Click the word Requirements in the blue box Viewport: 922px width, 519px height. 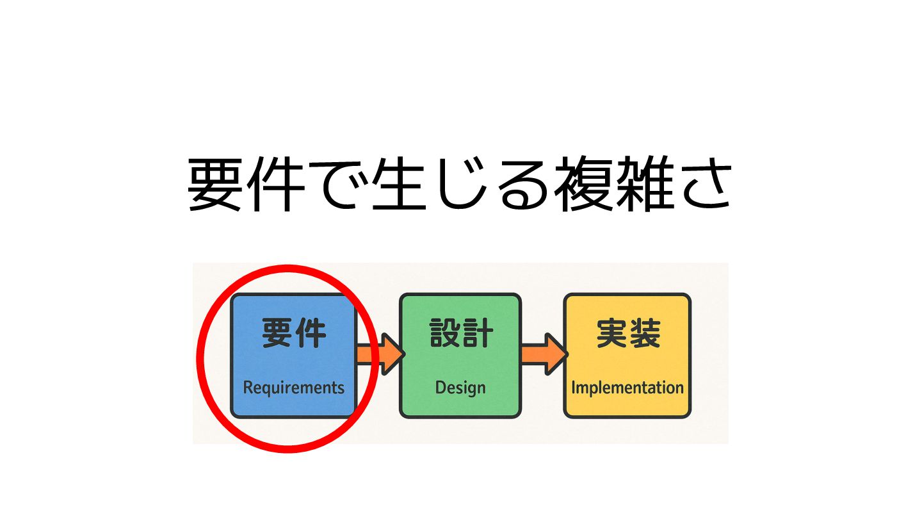click(x=294, y=388)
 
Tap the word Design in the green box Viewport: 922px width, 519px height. click(x=460, y=388)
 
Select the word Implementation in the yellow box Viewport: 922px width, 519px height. click(x=627, y=388)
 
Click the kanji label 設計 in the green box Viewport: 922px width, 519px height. click(x=460, y=334)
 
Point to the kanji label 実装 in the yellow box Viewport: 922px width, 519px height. click(x=627, y=334)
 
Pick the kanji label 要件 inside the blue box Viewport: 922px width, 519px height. click(x=294, y=334)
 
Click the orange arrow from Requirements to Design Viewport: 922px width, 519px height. click(x=379, y=354)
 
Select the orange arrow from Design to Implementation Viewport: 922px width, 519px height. click(x=544, y=354)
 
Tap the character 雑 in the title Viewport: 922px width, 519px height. click(x=643, y=185)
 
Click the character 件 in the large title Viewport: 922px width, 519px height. click(x=277, y=185)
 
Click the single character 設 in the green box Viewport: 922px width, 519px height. click(x=444, y=334)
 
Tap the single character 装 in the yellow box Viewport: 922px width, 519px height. click(x=644, y=334)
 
